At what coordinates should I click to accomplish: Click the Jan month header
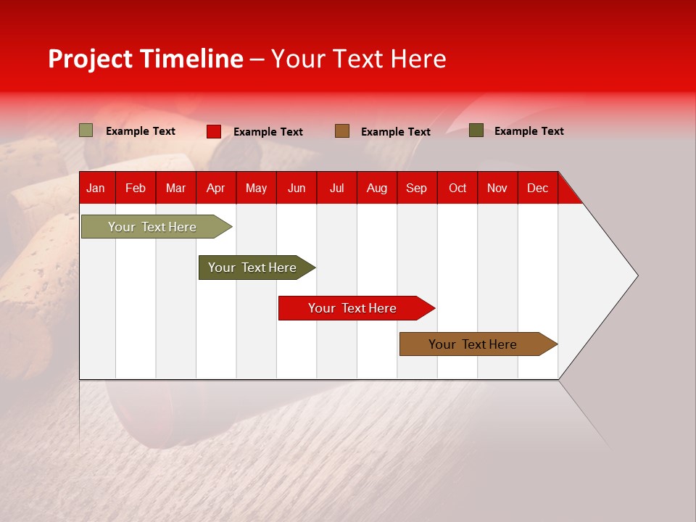pos(96,188)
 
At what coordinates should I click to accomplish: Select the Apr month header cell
pos(216,188)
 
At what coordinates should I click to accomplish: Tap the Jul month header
pos(336,188)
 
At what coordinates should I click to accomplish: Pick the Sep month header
pos(417,188)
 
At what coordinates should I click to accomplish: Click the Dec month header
pos(537,188)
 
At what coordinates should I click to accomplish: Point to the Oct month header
pos(457,188)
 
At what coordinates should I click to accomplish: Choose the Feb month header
pos(136,188)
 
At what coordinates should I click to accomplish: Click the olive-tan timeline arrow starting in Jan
pos(153,227)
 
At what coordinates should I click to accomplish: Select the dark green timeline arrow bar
pos(253,268)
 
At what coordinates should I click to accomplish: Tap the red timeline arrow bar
pos(353,308)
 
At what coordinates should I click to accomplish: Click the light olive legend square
pos(86,130)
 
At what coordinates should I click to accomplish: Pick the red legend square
pos(214,131)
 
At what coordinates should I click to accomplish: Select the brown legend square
pos(342,131)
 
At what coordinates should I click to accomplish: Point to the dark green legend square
pos(476,130)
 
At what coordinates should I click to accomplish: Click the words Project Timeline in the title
pos(145,59)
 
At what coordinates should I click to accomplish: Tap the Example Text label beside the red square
pos(268,132)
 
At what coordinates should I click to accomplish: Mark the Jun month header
pos(297,188)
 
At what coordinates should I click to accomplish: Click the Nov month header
pos(497,188)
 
